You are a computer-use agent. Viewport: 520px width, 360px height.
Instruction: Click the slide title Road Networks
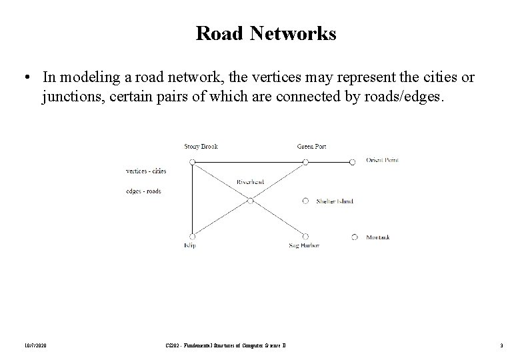point(266,33)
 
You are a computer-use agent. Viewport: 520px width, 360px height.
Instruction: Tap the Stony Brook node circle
point(192,162)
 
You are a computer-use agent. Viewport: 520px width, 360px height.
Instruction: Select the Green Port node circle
point(305,162)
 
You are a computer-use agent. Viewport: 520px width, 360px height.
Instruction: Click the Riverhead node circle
point(250,199)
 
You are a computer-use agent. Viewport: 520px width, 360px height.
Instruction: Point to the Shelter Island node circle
point(305,200)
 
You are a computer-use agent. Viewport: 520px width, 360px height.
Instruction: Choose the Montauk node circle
point(354,237)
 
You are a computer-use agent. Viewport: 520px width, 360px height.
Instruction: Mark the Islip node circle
point(192,236)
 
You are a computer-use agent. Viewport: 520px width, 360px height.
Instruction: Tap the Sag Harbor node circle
point(305,237)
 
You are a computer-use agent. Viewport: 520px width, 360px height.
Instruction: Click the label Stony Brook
point(201,147)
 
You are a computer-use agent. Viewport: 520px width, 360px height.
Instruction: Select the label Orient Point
point(382,160)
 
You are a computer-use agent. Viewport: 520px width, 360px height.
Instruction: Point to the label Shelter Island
point(335,201)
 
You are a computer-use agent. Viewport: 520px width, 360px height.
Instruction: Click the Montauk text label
point(378,237)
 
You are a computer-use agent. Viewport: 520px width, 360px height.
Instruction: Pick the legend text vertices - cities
point(146,171)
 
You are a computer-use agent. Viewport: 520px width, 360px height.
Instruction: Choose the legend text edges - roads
point(143,191)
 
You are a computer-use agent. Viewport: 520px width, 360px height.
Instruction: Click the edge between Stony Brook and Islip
point(192,199)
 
